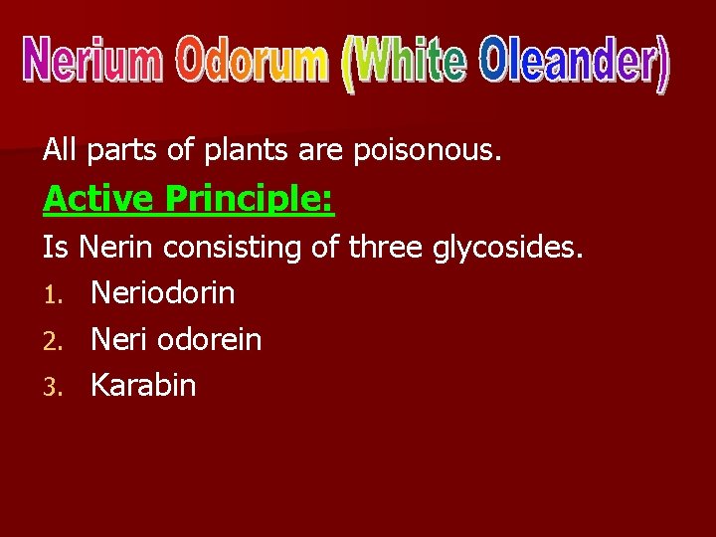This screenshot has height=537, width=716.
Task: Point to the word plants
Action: pos(260,152)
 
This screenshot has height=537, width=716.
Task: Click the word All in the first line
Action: pos(60,151)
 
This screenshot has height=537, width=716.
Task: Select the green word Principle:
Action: pos(250,201)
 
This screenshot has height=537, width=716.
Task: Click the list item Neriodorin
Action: pos(162,293)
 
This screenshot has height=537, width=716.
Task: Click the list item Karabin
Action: pos(143,386)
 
